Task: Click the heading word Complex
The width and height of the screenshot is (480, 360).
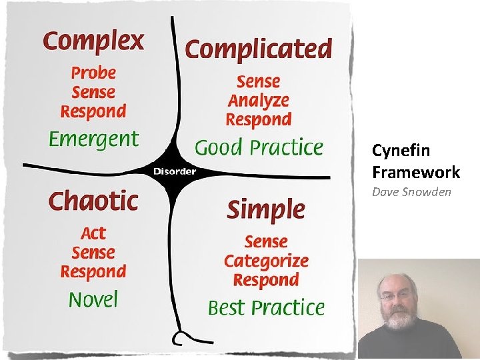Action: pos(93,41)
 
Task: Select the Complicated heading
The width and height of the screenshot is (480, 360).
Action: pos(258,49)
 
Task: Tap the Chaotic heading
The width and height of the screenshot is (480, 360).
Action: pos(93,200)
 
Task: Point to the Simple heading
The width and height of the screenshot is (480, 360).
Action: pos(266,210)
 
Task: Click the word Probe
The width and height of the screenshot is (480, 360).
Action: pos(93,73)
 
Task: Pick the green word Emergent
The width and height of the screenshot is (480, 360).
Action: pos(93,139)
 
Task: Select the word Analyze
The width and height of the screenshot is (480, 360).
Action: pos(259,101)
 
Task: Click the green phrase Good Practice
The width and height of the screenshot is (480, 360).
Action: pos(259,147)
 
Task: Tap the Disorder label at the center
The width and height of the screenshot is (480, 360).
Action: pos(175,171)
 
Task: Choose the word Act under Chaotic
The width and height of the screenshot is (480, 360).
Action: pos(93,233)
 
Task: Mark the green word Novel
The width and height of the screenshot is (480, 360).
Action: pos(93,299)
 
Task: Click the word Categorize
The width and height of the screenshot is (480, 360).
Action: pos(266,261)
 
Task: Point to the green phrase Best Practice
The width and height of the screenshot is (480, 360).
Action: pos(266,307)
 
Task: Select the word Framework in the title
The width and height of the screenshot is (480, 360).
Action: pos(416,172)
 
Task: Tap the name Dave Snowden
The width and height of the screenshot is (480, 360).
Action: pos(411,192)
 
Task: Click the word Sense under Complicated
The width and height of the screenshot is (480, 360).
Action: pos(259,82)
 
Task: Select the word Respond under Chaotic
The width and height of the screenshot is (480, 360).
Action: pos(93,271)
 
